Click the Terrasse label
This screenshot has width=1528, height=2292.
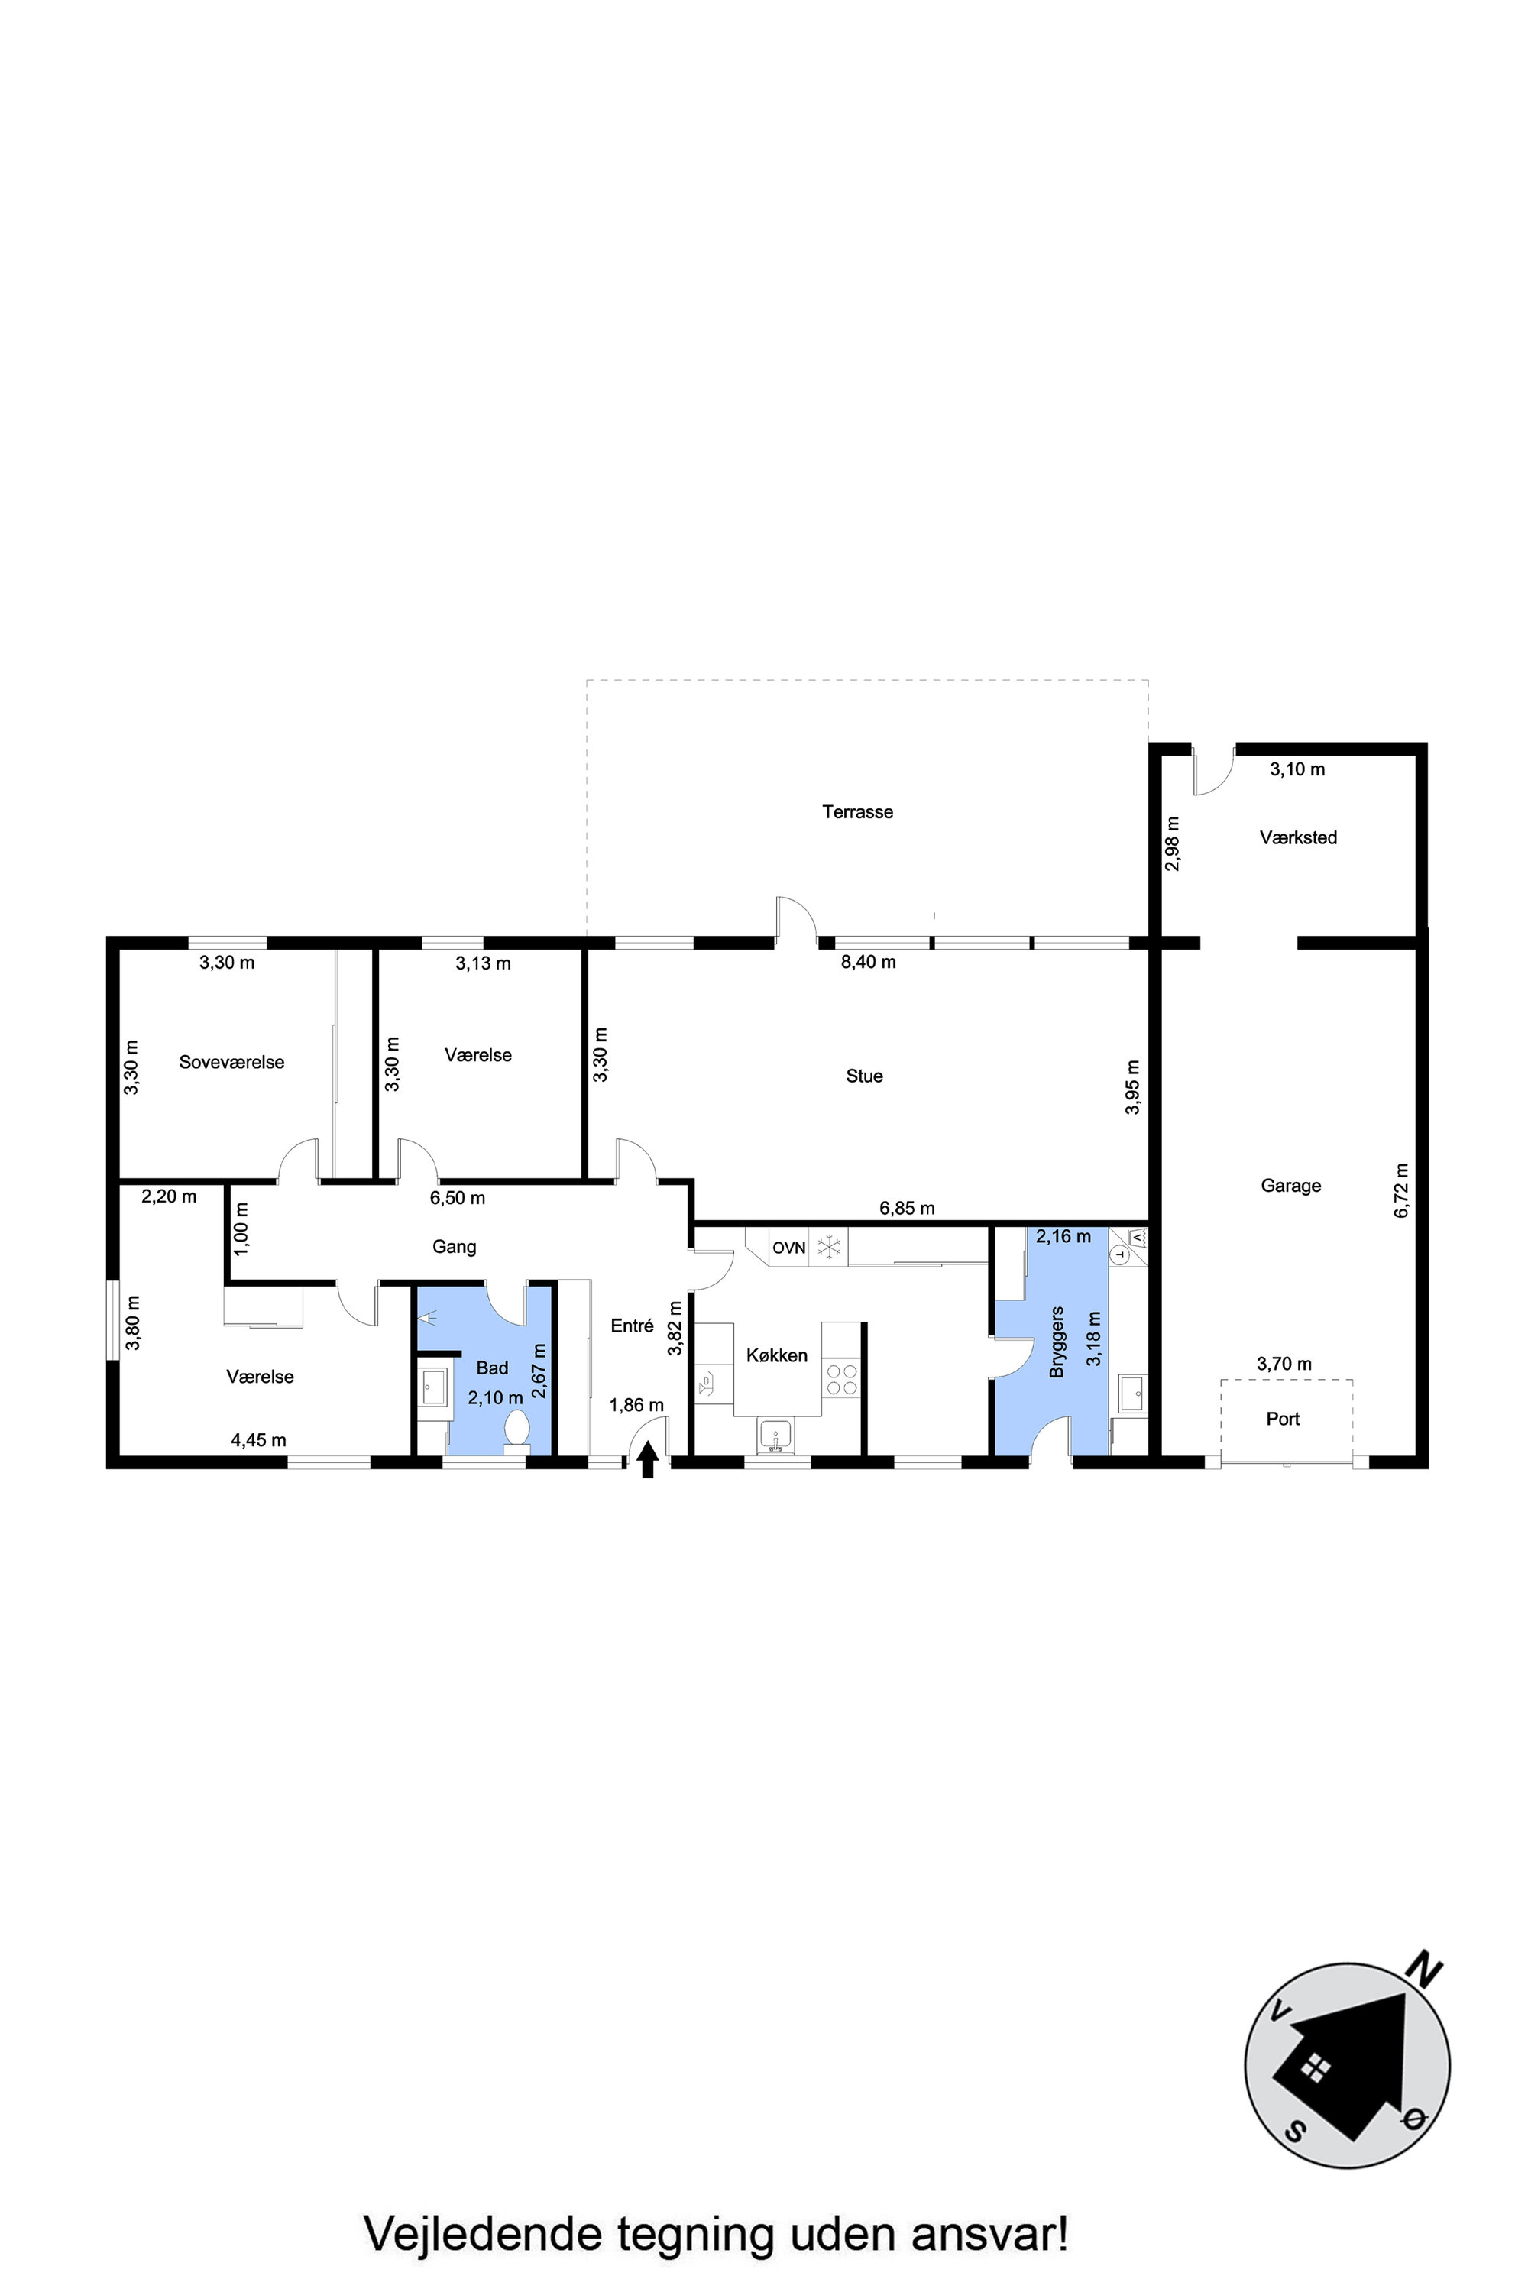click(857, 811)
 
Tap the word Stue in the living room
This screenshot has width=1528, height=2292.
click(864, 1076)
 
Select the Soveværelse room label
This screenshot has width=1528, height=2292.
click(232, 1062)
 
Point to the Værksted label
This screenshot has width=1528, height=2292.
click(1298, 837)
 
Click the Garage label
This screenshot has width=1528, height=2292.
click(1291, 1185)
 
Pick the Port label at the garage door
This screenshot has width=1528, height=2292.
click(1284, 1419)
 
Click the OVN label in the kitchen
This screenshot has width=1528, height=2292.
click(789, 1248)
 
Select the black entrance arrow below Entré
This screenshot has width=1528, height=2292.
click(647, 1462)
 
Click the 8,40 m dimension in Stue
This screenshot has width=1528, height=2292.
click(868, 962)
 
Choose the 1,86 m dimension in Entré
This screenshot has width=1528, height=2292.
click(636, 1405)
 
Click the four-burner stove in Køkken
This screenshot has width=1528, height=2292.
click(842, 1379)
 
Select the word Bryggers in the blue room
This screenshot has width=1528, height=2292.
click(1057, 1342)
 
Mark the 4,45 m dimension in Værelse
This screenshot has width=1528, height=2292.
click(258, 1440)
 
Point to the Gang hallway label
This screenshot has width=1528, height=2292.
click(454, 1246)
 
